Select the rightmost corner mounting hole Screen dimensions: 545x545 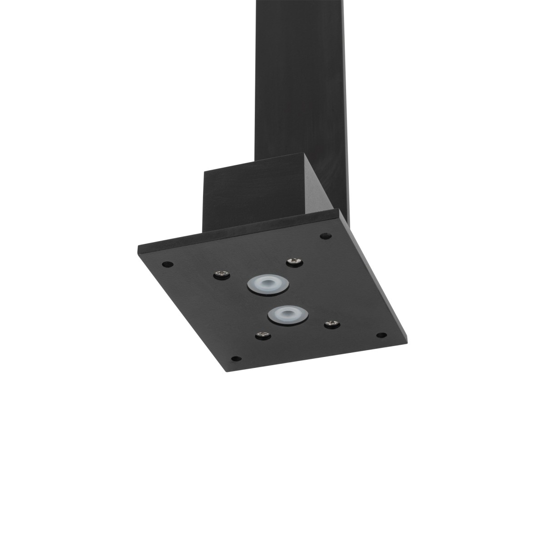pyautogui.click(x=382, y=336)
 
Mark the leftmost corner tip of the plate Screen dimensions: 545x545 pyautogui.click(x=138, y=248)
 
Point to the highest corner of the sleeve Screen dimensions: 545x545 pyautogui.click(x=305, y=155)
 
